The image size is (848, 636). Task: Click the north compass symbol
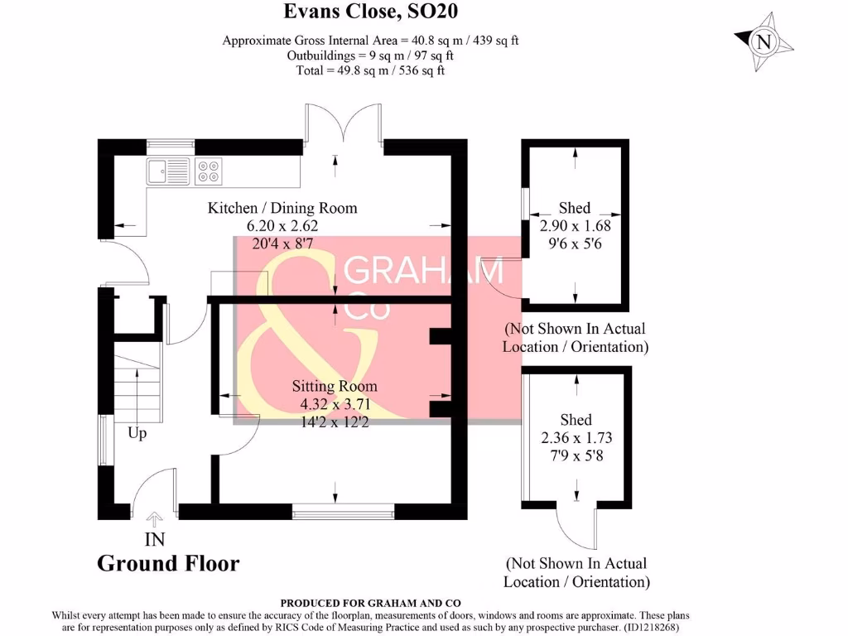coord(764,42)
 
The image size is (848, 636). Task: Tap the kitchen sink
coord(168,171)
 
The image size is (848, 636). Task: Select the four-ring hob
coord(209,171)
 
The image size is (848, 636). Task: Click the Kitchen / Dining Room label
coord(282,208)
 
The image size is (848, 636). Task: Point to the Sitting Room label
coord(334,386)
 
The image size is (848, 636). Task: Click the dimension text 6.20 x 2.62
coord(282,225)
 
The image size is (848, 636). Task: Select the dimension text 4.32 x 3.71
coord(334,405)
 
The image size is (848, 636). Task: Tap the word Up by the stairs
coord(137,433)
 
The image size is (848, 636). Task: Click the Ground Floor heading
coord(168,564)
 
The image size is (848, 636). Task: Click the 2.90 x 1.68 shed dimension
coord(575,226)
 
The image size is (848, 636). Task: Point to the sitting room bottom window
coord(343,512)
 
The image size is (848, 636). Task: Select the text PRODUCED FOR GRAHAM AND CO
coord(370,604)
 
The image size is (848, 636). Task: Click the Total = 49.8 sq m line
coord(370,70)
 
